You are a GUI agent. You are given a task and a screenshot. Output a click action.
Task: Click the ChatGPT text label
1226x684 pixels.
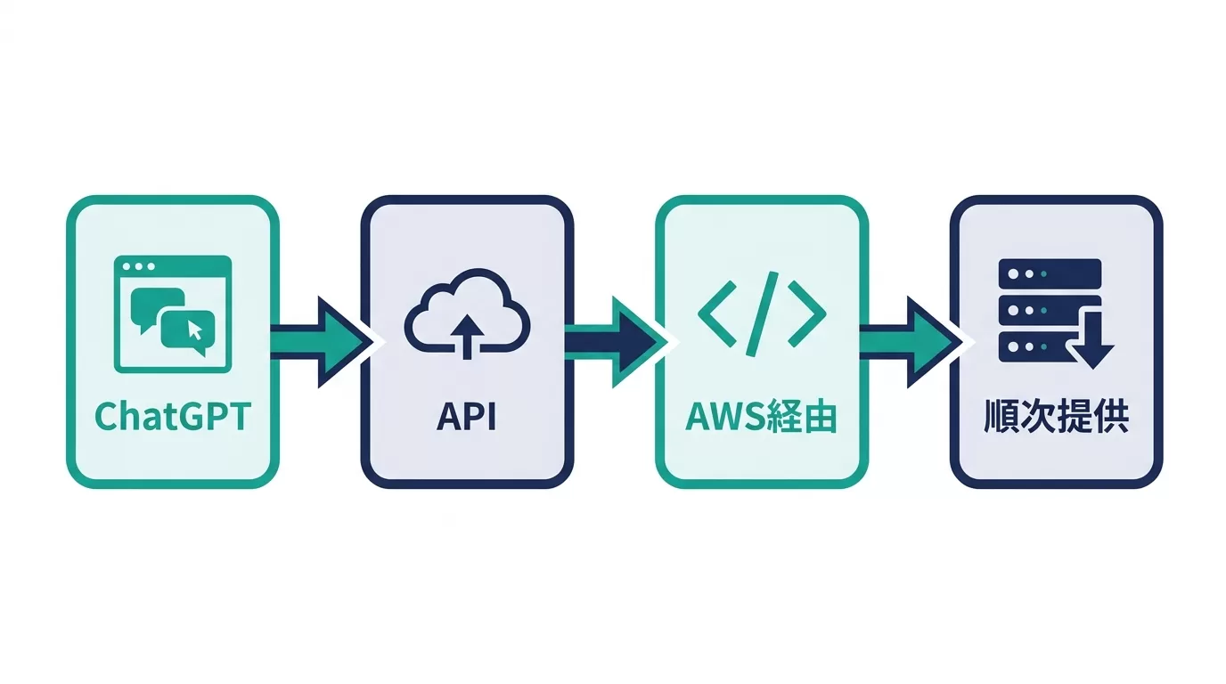[173, 417]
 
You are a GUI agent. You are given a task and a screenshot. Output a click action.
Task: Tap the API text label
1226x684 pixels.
[466, 417]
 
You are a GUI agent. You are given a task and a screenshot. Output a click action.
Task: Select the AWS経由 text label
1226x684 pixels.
[761, 417]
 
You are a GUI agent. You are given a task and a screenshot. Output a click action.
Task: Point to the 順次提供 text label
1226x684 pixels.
[1056, 417]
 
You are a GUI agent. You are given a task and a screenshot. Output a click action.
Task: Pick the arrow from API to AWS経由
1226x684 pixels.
[617, 343]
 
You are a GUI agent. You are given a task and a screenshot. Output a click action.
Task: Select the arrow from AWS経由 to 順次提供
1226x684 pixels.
[911, 343]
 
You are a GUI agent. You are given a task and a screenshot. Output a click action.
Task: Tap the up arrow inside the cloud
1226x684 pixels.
[467, 337]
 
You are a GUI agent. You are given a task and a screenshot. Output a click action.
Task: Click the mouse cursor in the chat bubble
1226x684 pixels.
[195, 330]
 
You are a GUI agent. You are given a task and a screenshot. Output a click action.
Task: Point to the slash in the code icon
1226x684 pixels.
[762, 314]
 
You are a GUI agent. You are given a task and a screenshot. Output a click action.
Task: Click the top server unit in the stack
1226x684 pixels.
[1050, 273]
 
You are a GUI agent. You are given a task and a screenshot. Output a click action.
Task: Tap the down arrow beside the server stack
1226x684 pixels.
[1092, 339]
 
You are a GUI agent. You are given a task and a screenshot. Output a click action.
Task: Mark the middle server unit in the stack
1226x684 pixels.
[1040, 310]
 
